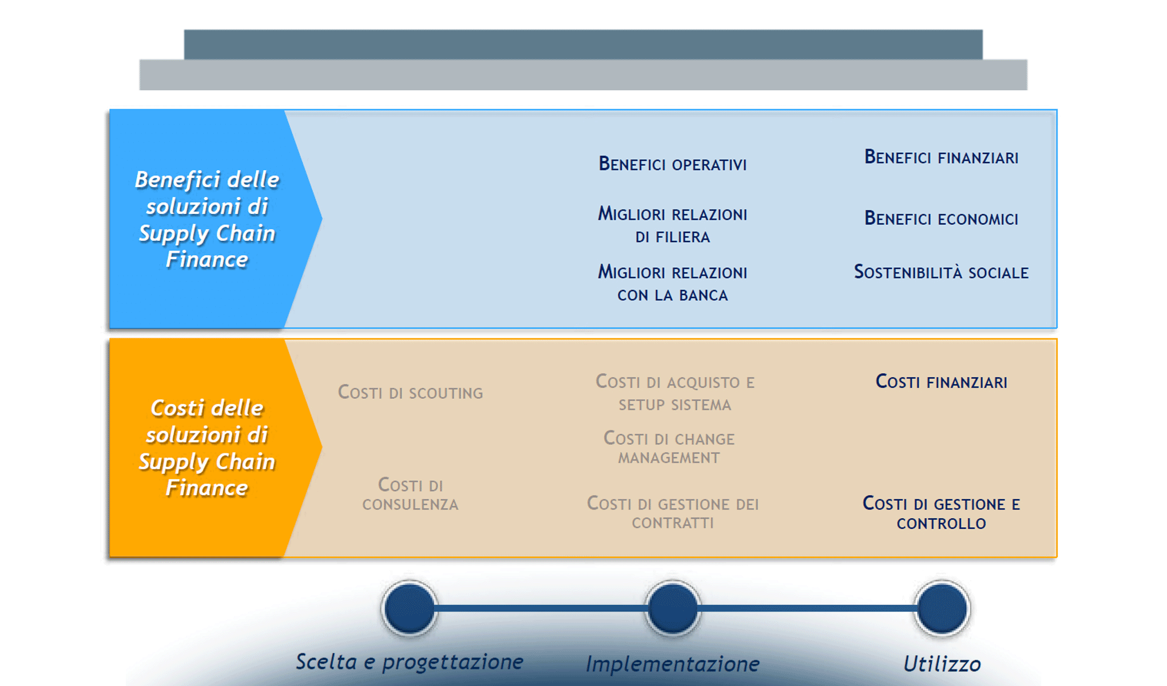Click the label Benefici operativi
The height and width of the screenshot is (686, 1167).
tap(672, 164)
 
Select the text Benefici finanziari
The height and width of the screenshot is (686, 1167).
tap(941, 157)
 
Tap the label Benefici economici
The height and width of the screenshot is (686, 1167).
tap(941, 218)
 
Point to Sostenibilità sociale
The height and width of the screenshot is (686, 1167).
tap(941, 272)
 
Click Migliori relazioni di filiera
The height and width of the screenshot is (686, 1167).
tap(672, 225)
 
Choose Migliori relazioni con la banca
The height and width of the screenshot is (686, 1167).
tap(672, 284)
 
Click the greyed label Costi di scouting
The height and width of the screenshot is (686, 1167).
tap(410, 393)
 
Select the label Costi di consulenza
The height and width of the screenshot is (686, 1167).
tap(410, 494)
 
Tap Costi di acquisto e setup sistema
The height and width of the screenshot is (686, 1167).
tap(675, 393)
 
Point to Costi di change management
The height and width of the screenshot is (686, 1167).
tap(669, 448)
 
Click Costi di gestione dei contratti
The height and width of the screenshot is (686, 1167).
tap(673, 513)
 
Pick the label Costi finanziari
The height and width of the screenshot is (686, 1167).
tap(941, 382)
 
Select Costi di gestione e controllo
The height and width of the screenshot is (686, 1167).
tap(941, 513)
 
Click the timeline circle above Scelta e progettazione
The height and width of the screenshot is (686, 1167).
tap(410, 608)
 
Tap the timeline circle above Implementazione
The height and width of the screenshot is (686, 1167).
tap(673, 608)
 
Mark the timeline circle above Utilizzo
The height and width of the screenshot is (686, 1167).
tap(941, 608)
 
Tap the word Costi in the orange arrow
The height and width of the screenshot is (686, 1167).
tap(177, 408)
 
